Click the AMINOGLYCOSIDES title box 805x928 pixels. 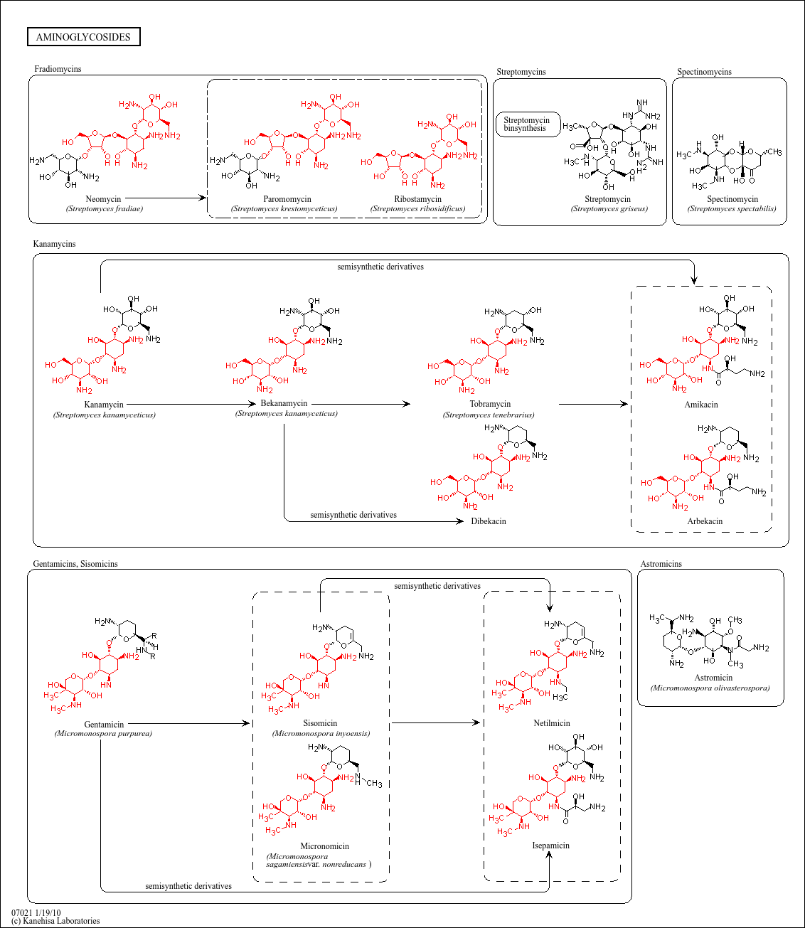point(83,37)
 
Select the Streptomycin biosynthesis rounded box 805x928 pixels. point(527,124)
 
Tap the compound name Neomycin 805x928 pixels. point(103,199)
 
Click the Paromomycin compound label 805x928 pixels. point(287,199)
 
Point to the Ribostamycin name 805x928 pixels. point(418,199)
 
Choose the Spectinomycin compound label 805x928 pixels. point(732,199)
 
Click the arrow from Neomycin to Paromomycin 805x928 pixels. point(165,198)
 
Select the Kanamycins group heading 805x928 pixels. point(54,244)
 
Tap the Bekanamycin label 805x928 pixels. point(284,403)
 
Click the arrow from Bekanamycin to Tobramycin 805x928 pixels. point(361,404)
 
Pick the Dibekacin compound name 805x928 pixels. point(489,521)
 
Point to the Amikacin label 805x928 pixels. point(701,405)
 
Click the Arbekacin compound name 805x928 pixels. point(705,521)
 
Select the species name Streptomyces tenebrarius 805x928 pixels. point(489,415)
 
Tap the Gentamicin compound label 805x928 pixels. point(104,725)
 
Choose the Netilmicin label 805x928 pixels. point(552,723)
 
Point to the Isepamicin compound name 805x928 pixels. point(551,846)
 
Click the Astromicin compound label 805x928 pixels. point(713,678)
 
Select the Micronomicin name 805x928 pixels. point(325,846)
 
